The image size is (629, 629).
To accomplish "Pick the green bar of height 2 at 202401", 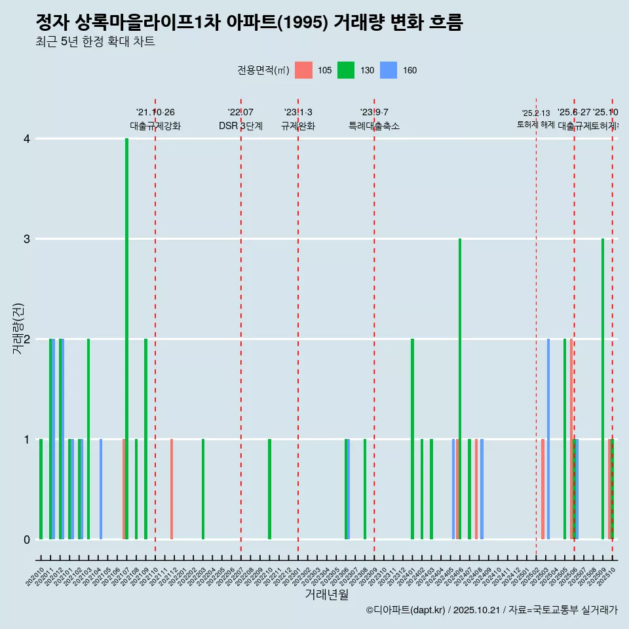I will point(412,439).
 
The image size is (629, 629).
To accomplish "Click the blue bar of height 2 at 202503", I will point(548,439).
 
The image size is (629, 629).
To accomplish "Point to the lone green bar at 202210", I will point(269,489).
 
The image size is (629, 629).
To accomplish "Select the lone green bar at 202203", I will point(203,489).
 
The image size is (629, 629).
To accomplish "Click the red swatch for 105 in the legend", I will point(303,70).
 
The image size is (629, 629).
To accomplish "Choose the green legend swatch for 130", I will point(346,70).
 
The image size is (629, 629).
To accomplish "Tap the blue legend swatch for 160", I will point(389,70).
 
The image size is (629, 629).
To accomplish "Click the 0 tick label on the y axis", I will point(27,539).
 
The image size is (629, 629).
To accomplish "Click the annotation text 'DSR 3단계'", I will point(240,126).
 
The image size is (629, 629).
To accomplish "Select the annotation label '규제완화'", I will point(298,126).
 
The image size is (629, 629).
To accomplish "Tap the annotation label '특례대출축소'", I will point(374,126).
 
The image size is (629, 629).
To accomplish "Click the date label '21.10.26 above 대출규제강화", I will point(155,112).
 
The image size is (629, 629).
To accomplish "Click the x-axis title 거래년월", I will point(326,594).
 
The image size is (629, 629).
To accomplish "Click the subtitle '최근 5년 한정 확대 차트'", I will point(96,42).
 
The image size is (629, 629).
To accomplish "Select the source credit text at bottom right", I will point(491,610).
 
